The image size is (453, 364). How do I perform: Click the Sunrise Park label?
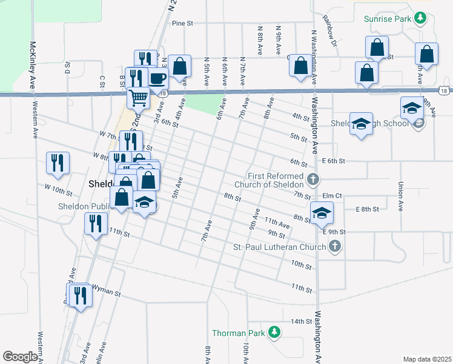click(387, 19)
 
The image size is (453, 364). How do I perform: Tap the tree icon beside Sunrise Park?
click(419, 19)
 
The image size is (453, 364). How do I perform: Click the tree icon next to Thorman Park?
click(274, 332)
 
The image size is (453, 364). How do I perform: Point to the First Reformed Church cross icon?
click(312, 179)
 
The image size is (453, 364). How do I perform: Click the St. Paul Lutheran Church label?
click(280, 248)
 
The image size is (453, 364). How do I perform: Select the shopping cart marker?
click(139, 96)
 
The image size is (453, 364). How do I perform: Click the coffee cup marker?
click(157, 79)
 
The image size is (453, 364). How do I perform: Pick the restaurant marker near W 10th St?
click(58, 163)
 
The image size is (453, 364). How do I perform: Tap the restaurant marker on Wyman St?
click(79, 295)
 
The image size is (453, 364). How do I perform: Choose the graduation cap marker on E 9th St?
click(322, 212)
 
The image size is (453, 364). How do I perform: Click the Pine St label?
click(182, 24)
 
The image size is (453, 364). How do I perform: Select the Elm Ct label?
click(332, 196)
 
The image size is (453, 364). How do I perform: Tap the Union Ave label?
click(400, 197)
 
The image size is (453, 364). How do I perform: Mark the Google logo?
click(20, 357)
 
